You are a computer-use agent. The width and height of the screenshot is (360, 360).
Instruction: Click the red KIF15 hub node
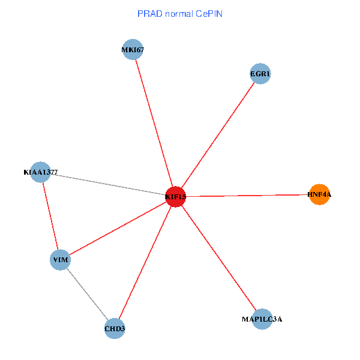point(175,196)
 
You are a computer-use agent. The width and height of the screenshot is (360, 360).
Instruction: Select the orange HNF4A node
point(319,194)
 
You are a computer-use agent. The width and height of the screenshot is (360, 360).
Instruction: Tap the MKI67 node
point(133,49)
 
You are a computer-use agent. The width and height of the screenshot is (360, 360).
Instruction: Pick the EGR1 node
point(260,74)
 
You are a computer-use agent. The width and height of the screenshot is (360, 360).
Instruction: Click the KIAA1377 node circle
point(40,172)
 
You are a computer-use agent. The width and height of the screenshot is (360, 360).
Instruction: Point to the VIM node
point(60,260)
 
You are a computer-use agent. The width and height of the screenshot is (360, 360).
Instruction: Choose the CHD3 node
point(115,329)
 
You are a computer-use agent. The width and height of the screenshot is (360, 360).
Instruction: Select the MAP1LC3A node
point(262,319)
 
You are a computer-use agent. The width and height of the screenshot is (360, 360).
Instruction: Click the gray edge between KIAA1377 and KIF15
point(108,184)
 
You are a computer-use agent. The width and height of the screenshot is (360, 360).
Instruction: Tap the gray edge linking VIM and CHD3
point(88,295)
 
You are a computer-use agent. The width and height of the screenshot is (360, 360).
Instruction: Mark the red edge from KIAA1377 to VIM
point(50,216)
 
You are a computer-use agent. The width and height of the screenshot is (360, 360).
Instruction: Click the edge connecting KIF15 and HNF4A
point(247,195)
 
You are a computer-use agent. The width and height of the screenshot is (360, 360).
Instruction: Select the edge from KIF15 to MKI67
point(154,123)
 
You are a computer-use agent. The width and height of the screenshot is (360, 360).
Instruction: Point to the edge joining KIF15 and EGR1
point(218,136)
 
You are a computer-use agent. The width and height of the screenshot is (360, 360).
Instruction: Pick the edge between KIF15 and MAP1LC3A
point(219,258)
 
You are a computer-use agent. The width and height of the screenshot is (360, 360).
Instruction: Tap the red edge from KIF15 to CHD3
point(145,263)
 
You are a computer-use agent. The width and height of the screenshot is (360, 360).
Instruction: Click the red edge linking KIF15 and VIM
point(118,228)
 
